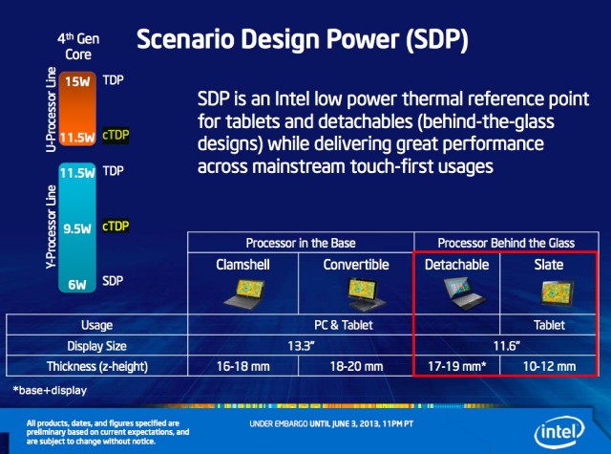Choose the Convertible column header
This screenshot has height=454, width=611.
click(355, 264)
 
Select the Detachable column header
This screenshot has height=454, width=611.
click(456, 264)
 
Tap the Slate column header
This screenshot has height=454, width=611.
click(550, 264)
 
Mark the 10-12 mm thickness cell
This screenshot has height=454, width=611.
click(550, 366)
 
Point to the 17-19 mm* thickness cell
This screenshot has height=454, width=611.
click(456, 366)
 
